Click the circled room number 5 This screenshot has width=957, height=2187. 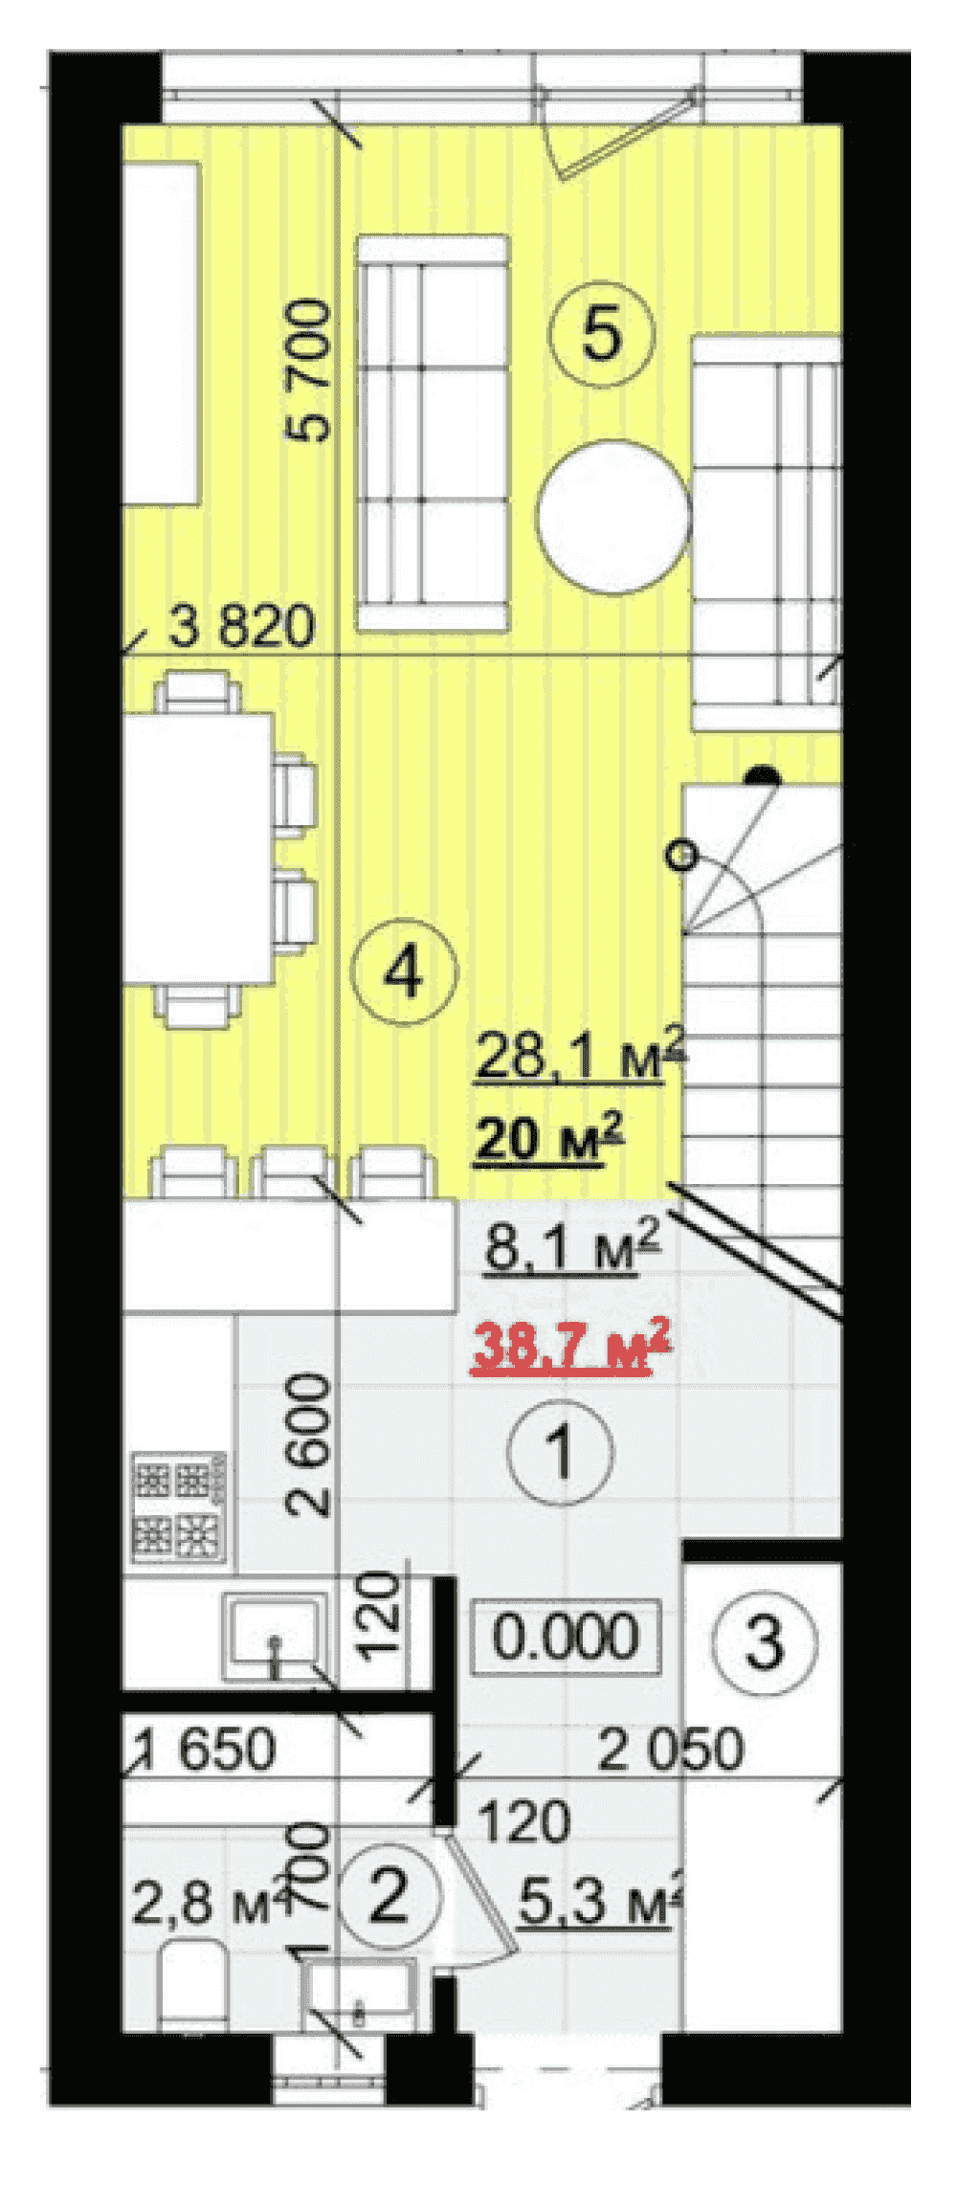coord(601,334)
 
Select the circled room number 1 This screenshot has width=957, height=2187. coord(561,1451)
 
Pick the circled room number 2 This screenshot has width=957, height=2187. coord(388,1896)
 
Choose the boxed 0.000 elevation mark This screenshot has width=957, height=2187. coord(566,1636)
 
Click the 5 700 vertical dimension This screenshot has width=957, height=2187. coord(309,371)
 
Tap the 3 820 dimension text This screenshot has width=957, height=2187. coord(242,627)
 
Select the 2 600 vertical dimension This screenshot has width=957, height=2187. coord(309,1445)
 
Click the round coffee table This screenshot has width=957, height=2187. coord(612,516)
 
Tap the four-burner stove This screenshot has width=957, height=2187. coord(180,1506)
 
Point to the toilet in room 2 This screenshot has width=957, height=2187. coord(190,1984)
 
